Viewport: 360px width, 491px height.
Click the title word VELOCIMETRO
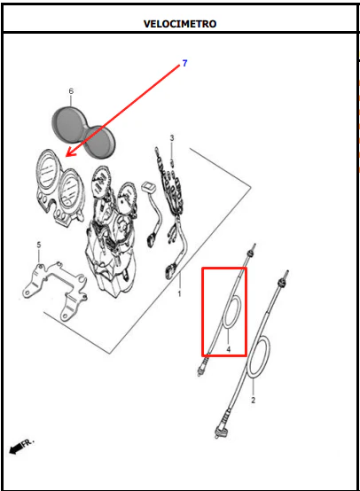(180, 24)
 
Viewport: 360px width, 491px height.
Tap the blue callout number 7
(184, 63)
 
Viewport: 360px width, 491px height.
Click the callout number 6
(71, 91)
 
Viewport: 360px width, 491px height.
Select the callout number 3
(172, 137)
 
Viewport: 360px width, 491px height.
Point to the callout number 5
(39, 245)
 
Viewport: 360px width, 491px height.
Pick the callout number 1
(179, 293)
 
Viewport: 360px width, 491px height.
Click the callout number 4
(229, 349)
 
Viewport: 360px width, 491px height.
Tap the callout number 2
(254, 401)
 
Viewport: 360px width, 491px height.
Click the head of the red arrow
(67, 156)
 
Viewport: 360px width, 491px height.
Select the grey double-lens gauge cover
(83, 132)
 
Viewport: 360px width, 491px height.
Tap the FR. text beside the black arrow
(27, 443)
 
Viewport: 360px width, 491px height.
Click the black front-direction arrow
(16, 449)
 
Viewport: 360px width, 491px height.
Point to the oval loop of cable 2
(259, 357)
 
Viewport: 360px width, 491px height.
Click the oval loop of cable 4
(232, 312)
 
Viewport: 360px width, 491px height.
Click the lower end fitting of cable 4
(203, 367)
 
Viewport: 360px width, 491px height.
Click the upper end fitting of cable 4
(252, 251)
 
